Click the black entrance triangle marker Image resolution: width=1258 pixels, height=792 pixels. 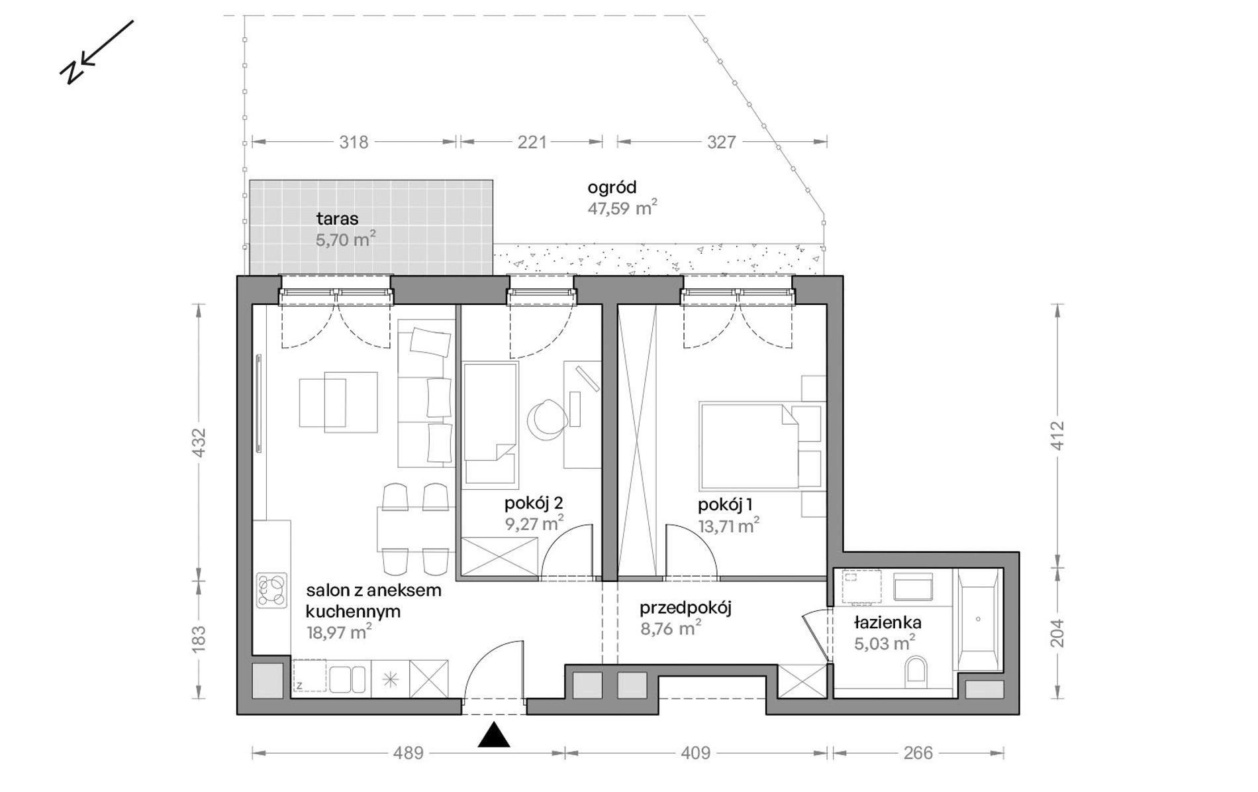click(494, 735)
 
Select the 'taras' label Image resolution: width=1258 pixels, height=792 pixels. click(337, 219)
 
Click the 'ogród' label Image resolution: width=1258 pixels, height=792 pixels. click(612, 188)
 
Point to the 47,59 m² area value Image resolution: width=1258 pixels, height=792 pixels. click(622, 208)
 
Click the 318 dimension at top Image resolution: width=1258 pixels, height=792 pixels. click(354, 142)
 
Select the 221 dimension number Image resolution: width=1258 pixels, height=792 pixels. click(532, 142)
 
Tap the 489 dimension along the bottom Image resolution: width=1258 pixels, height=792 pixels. click(408, 753)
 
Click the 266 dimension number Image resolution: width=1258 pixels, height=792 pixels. click(918, 753)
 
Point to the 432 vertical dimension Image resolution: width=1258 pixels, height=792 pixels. click(199, 443)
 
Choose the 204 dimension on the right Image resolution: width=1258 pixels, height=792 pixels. click(1057, 633)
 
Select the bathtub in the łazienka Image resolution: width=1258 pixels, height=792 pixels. click(978, 620)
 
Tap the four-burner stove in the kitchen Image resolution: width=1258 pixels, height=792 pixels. click(272, 590)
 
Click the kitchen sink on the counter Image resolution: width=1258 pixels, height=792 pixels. click(348, 678)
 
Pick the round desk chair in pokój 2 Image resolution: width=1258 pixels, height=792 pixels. click(548, 420)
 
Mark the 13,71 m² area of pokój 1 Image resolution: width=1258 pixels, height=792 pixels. click(728, 526)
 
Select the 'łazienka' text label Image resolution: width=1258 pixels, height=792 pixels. click(887, 623)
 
